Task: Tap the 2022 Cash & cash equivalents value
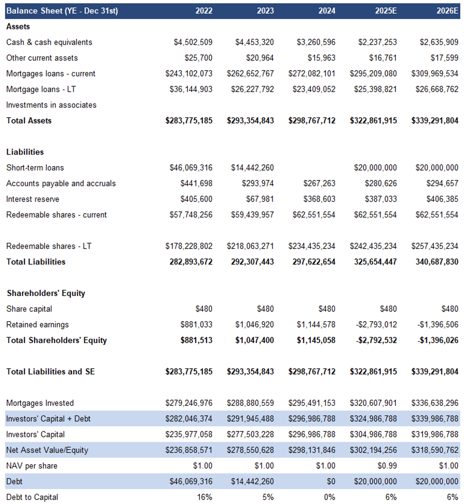(x=193, y=42)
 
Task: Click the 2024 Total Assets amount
(x=312, y=121)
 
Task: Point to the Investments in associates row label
(x=51, y=105)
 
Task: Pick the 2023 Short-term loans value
(x=252, y=168)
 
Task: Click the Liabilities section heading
(x=25, y=152)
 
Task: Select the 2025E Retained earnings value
(x=378, y=325)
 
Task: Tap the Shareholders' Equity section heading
(x=46, y=293)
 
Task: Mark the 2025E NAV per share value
(x=388, y=466)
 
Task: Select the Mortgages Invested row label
(x=40, y=403)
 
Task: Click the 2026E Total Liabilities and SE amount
(x=435, y=372)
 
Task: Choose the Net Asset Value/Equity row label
(x=47, y=450)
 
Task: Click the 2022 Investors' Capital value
(x=189, y=434)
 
